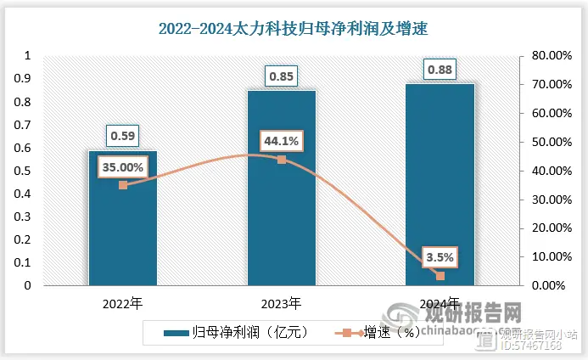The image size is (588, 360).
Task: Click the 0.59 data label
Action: click(x=123, y=135)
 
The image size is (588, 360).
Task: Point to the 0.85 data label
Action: click(x=282, y=76)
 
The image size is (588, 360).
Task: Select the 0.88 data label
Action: click(x=440, y=69)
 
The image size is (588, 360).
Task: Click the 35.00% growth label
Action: click(x=123, y=167)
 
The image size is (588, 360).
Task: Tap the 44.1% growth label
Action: click(x=281, y=141)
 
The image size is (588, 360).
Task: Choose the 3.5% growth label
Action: click(x=440, y=256)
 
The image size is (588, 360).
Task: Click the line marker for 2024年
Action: click(x=440, y=275)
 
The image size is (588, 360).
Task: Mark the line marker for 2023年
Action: click(x=282, y=160)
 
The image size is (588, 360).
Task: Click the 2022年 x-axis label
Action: click(x=123, y=302)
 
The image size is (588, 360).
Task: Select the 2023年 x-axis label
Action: click(x=282, y=302)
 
